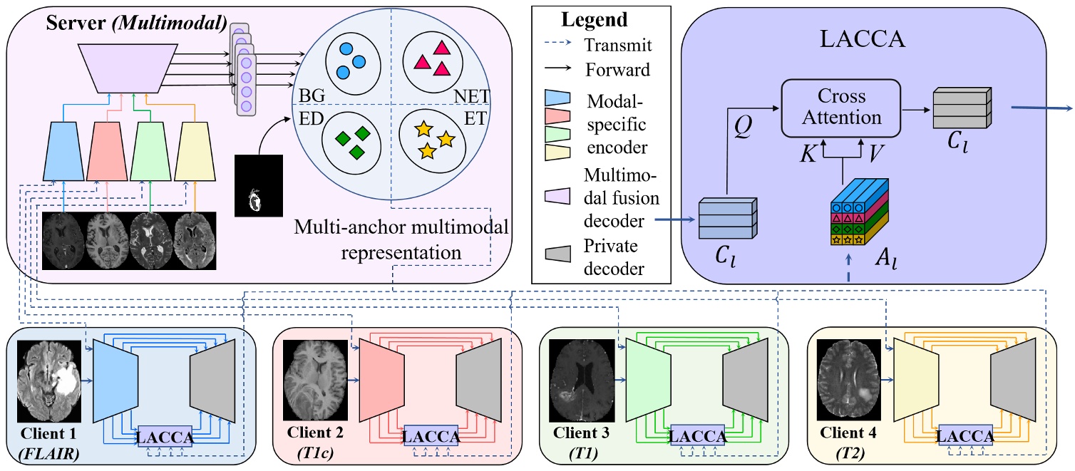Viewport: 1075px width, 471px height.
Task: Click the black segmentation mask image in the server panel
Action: [259, 185]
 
